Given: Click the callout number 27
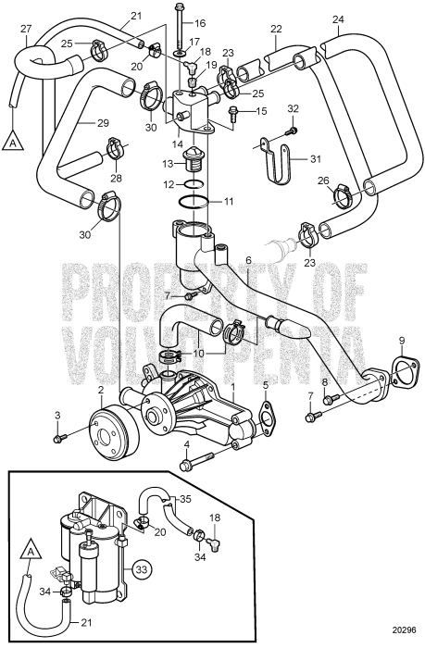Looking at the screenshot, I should coord(25,31).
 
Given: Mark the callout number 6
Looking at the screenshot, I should coord(248,261).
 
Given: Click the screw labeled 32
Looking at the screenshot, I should coord(288,131).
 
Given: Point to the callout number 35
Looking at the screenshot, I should coord(184,499).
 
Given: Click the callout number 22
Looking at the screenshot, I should coord(276,30).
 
